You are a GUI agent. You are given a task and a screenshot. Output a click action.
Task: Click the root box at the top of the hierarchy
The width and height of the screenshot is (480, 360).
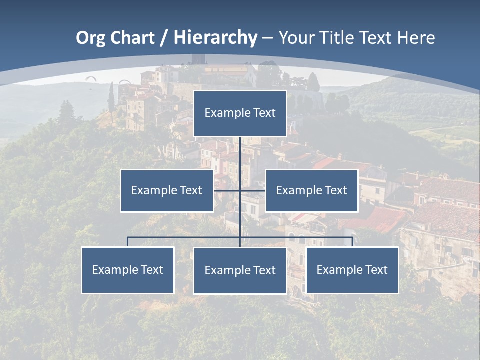[x=240, y=113]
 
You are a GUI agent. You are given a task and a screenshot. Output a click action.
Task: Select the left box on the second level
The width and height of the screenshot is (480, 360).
[x=167, y=190]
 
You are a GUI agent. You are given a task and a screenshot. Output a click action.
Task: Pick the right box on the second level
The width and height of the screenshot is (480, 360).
[x=311, y=190]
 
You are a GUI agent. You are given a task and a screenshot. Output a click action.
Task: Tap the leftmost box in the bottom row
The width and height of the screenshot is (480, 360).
[x=127, y=270]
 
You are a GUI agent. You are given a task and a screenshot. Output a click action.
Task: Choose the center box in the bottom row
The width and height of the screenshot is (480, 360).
[x=240, y=270]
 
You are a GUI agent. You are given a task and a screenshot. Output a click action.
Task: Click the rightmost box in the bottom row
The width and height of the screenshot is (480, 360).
[x=352, y=270]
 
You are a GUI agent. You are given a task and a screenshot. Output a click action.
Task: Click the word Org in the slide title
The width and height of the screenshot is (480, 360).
[x=90, y=38]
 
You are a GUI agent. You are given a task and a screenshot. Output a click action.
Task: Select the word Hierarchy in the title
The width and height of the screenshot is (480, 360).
[x=215, y=38]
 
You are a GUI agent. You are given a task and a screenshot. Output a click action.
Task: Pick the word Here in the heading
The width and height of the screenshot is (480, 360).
[x=416, y=38]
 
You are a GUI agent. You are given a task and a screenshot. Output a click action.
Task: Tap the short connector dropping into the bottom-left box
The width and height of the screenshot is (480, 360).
[x=127, y=242]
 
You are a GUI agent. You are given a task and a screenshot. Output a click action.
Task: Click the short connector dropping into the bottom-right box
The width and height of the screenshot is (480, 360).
[x=352, y=242]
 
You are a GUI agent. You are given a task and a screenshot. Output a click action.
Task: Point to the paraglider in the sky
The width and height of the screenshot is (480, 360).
[x=90, y=78]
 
